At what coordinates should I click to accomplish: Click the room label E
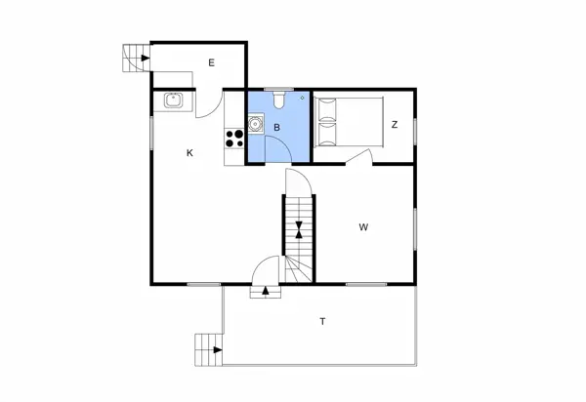pos(211,62)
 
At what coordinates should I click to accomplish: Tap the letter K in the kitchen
pos(190,152)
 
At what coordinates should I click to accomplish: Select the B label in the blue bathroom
pos(277,128)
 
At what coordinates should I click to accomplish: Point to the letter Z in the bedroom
pos(395,125)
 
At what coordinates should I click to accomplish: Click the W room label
pos(363,227)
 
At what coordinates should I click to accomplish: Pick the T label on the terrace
pos(322,320)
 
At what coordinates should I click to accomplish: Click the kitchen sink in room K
pos(174,100)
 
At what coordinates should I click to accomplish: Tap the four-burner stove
pos(233,138)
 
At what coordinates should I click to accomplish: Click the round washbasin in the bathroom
pos(255,124)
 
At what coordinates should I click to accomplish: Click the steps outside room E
pos(133,60)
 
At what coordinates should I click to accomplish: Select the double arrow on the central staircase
pos(298,231)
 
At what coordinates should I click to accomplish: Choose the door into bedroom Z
pos(359,157)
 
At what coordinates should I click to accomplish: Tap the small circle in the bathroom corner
pos(304,98)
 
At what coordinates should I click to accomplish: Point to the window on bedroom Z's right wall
pos(414,130)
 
